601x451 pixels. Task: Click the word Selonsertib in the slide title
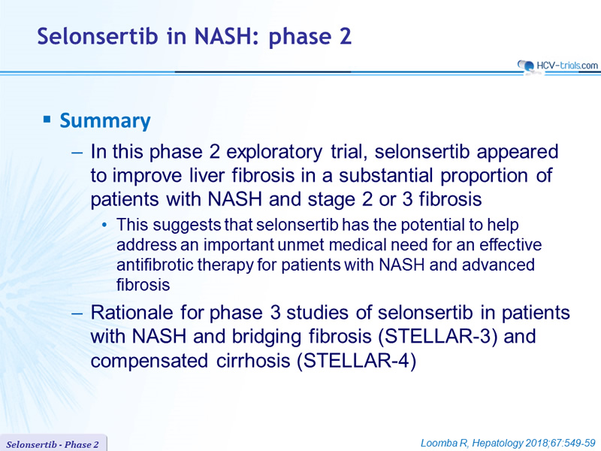[98, 36]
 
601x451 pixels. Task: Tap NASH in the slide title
[219, 36]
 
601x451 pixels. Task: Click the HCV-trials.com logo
[557, 66]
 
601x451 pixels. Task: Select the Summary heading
[105, 121]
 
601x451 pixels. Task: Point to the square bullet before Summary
[47, 120]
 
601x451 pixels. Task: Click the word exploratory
[274, 153]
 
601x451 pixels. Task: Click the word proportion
[484, 177]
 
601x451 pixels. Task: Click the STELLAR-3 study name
[438, 337]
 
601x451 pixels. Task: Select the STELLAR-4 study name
[356, 362]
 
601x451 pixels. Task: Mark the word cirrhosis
[253, 362]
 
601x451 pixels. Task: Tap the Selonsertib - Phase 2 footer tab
[53, 444]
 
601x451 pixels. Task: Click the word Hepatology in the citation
[498, 443]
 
